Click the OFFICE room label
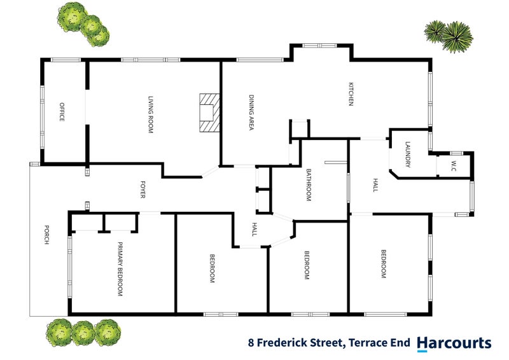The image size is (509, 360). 62,112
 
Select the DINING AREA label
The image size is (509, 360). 251,113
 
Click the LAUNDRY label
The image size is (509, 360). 407,155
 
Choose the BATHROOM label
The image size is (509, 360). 308,185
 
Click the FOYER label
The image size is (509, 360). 143,190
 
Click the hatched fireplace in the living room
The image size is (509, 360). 209,113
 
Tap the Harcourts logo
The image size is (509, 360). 454,343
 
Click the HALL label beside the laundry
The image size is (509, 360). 375,186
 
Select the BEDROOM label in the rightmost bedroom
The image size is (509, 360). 384,264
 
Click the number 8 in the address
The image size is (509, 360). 252,344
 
